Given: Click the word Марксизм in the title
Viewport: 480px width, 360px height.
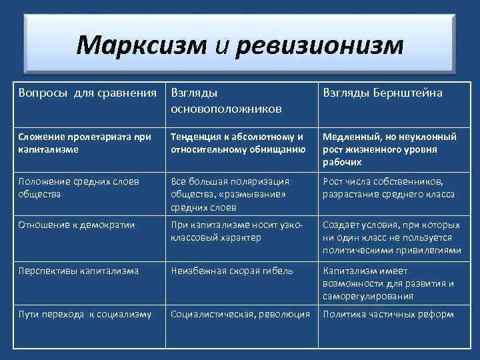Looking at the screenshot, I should pos(141,45).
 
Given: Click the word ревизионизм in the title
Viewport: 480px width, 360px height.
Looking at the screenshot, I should pos(320,45).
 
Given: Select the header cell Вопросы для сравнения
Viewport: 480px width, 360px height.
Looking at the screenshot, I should pos(87,93).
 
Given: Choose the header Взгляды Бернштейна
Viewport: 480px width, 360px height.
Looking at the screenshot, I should pos(383,93).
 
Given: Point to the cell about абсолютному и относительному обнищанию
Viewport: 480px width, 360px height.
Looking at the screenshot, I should pos(238,143).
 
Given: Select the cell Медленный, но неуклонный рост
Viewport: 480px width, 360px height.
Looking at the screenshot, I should pos(390,149).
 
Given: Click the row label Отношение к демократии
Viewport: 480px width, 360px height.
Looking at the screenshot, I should pos(77,225).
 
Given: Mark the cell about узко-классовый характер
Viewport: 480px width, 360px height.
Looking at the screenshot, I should pos(237,231).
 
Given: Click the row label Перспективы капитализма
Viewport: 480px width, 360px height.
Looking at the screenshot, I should pos(79,271).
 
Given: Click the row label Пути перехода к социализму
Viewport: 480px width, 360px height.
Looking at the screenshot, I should pos(85,314).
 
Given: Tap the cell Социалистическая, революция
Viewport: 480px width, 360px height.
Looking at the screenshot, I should pos(240,314).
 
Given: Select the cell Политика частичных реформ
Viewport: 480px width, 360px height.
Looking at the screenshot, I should pos(389,314).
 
